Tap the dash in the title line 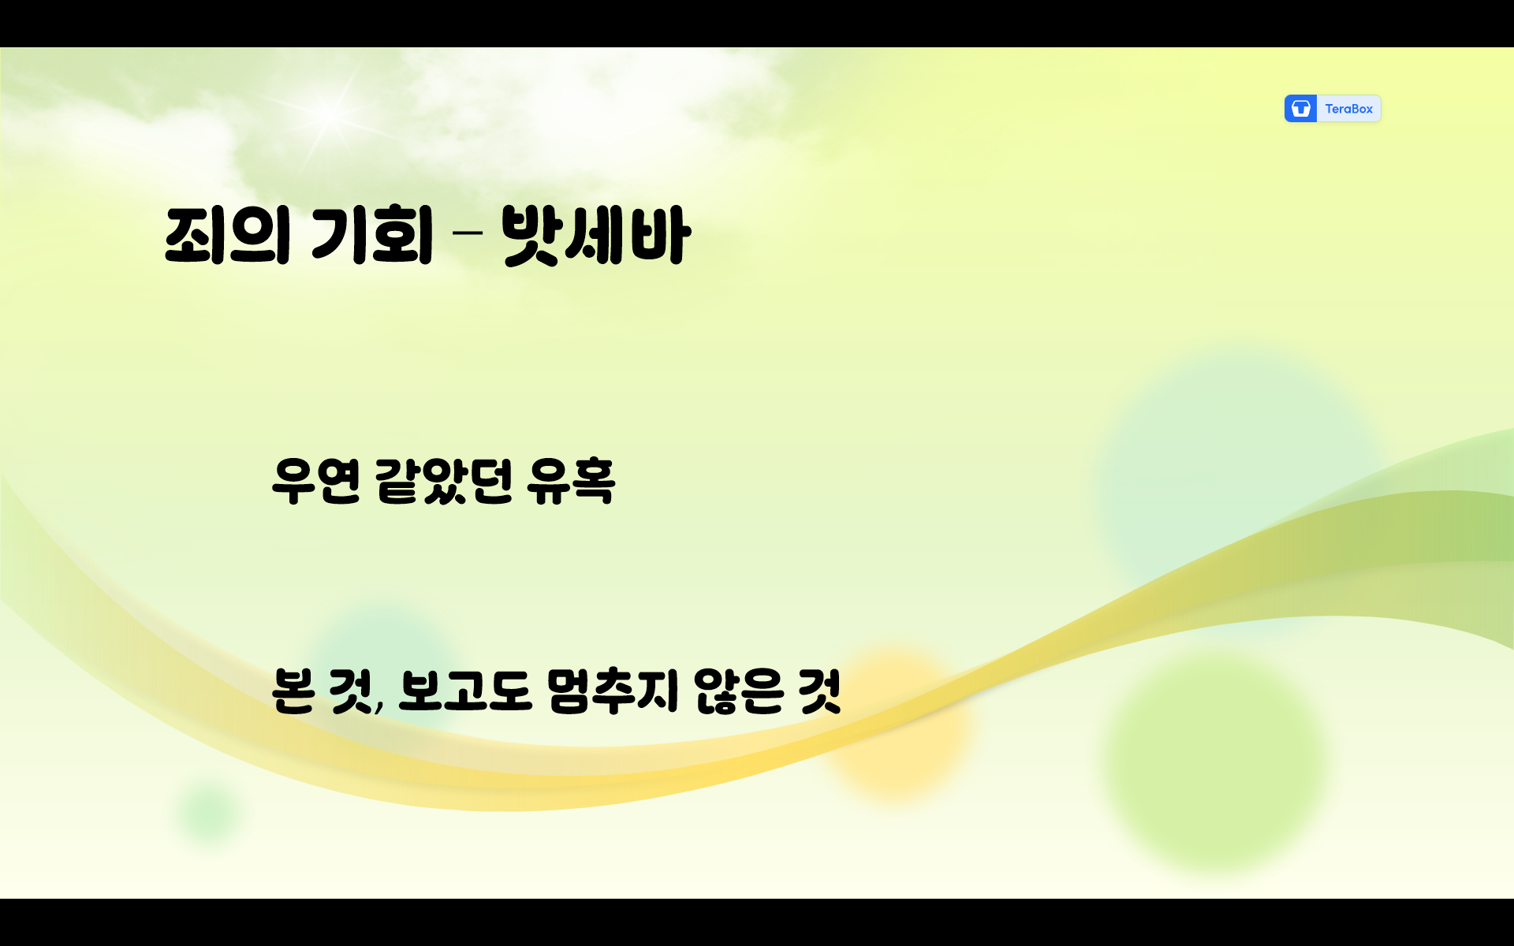coord(468,233)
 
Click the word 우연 coord(316,480)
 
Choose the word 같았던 coord(444,480)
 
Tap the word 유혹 coord(571,480)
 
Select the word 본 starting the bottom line coord(293,691)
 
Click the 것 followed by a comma coord(351,691)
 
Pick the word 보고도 coord(464,691)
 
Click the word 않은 coord(738,691)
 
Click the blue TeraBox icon coord(1300,109)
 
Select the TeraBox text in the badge coord(1348,109)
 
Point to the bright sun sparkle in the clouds coord(331,114)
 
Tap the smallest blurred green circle coord(208,812)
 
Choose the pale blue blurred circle coord(1238,473)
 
